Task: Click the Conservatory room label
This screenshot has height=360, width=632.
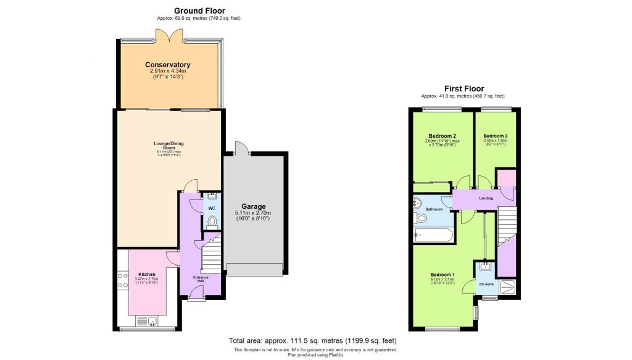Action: pyautogui.click(x=167, y=65)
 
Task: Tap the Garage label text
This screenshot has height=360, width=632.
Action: pyautogui.click(x=253, y=206)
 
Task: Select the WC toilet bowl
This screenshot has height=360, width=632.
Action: pyautogui.click(x=213, y=222)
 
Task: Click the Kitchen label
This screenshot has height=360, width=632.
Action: pyautogui.click(x=147, y=274)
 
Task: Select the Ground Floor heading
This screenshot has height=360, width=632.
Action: pyautogui.click(x=199, y=10)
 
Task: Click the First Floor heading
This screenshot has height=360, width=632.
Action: pyautogui.click(x=464, y=88)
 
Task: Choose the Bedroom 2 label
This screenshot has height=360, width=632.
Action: pyautogui.click(x=442, y=136)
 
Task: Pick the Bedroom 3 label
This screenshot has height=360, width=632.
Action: pyautogui.click(x=496, y=136)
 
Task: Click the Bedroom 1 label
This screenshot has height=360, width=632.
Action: pyautogui.click(x=443, y=275)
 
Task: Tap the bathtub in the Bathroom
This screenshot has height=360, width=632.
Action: pyautogui.click(x=432, y=235)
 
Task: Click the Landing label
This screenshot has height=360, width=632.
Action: pyautogui.click(x=486, y=198)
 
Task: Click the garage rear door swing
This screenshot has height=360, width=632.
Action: pyautogui.click(x=241, y=148)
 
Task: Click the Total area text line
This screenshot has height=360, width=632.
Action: pyautogui.click(x=312, y=341)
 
